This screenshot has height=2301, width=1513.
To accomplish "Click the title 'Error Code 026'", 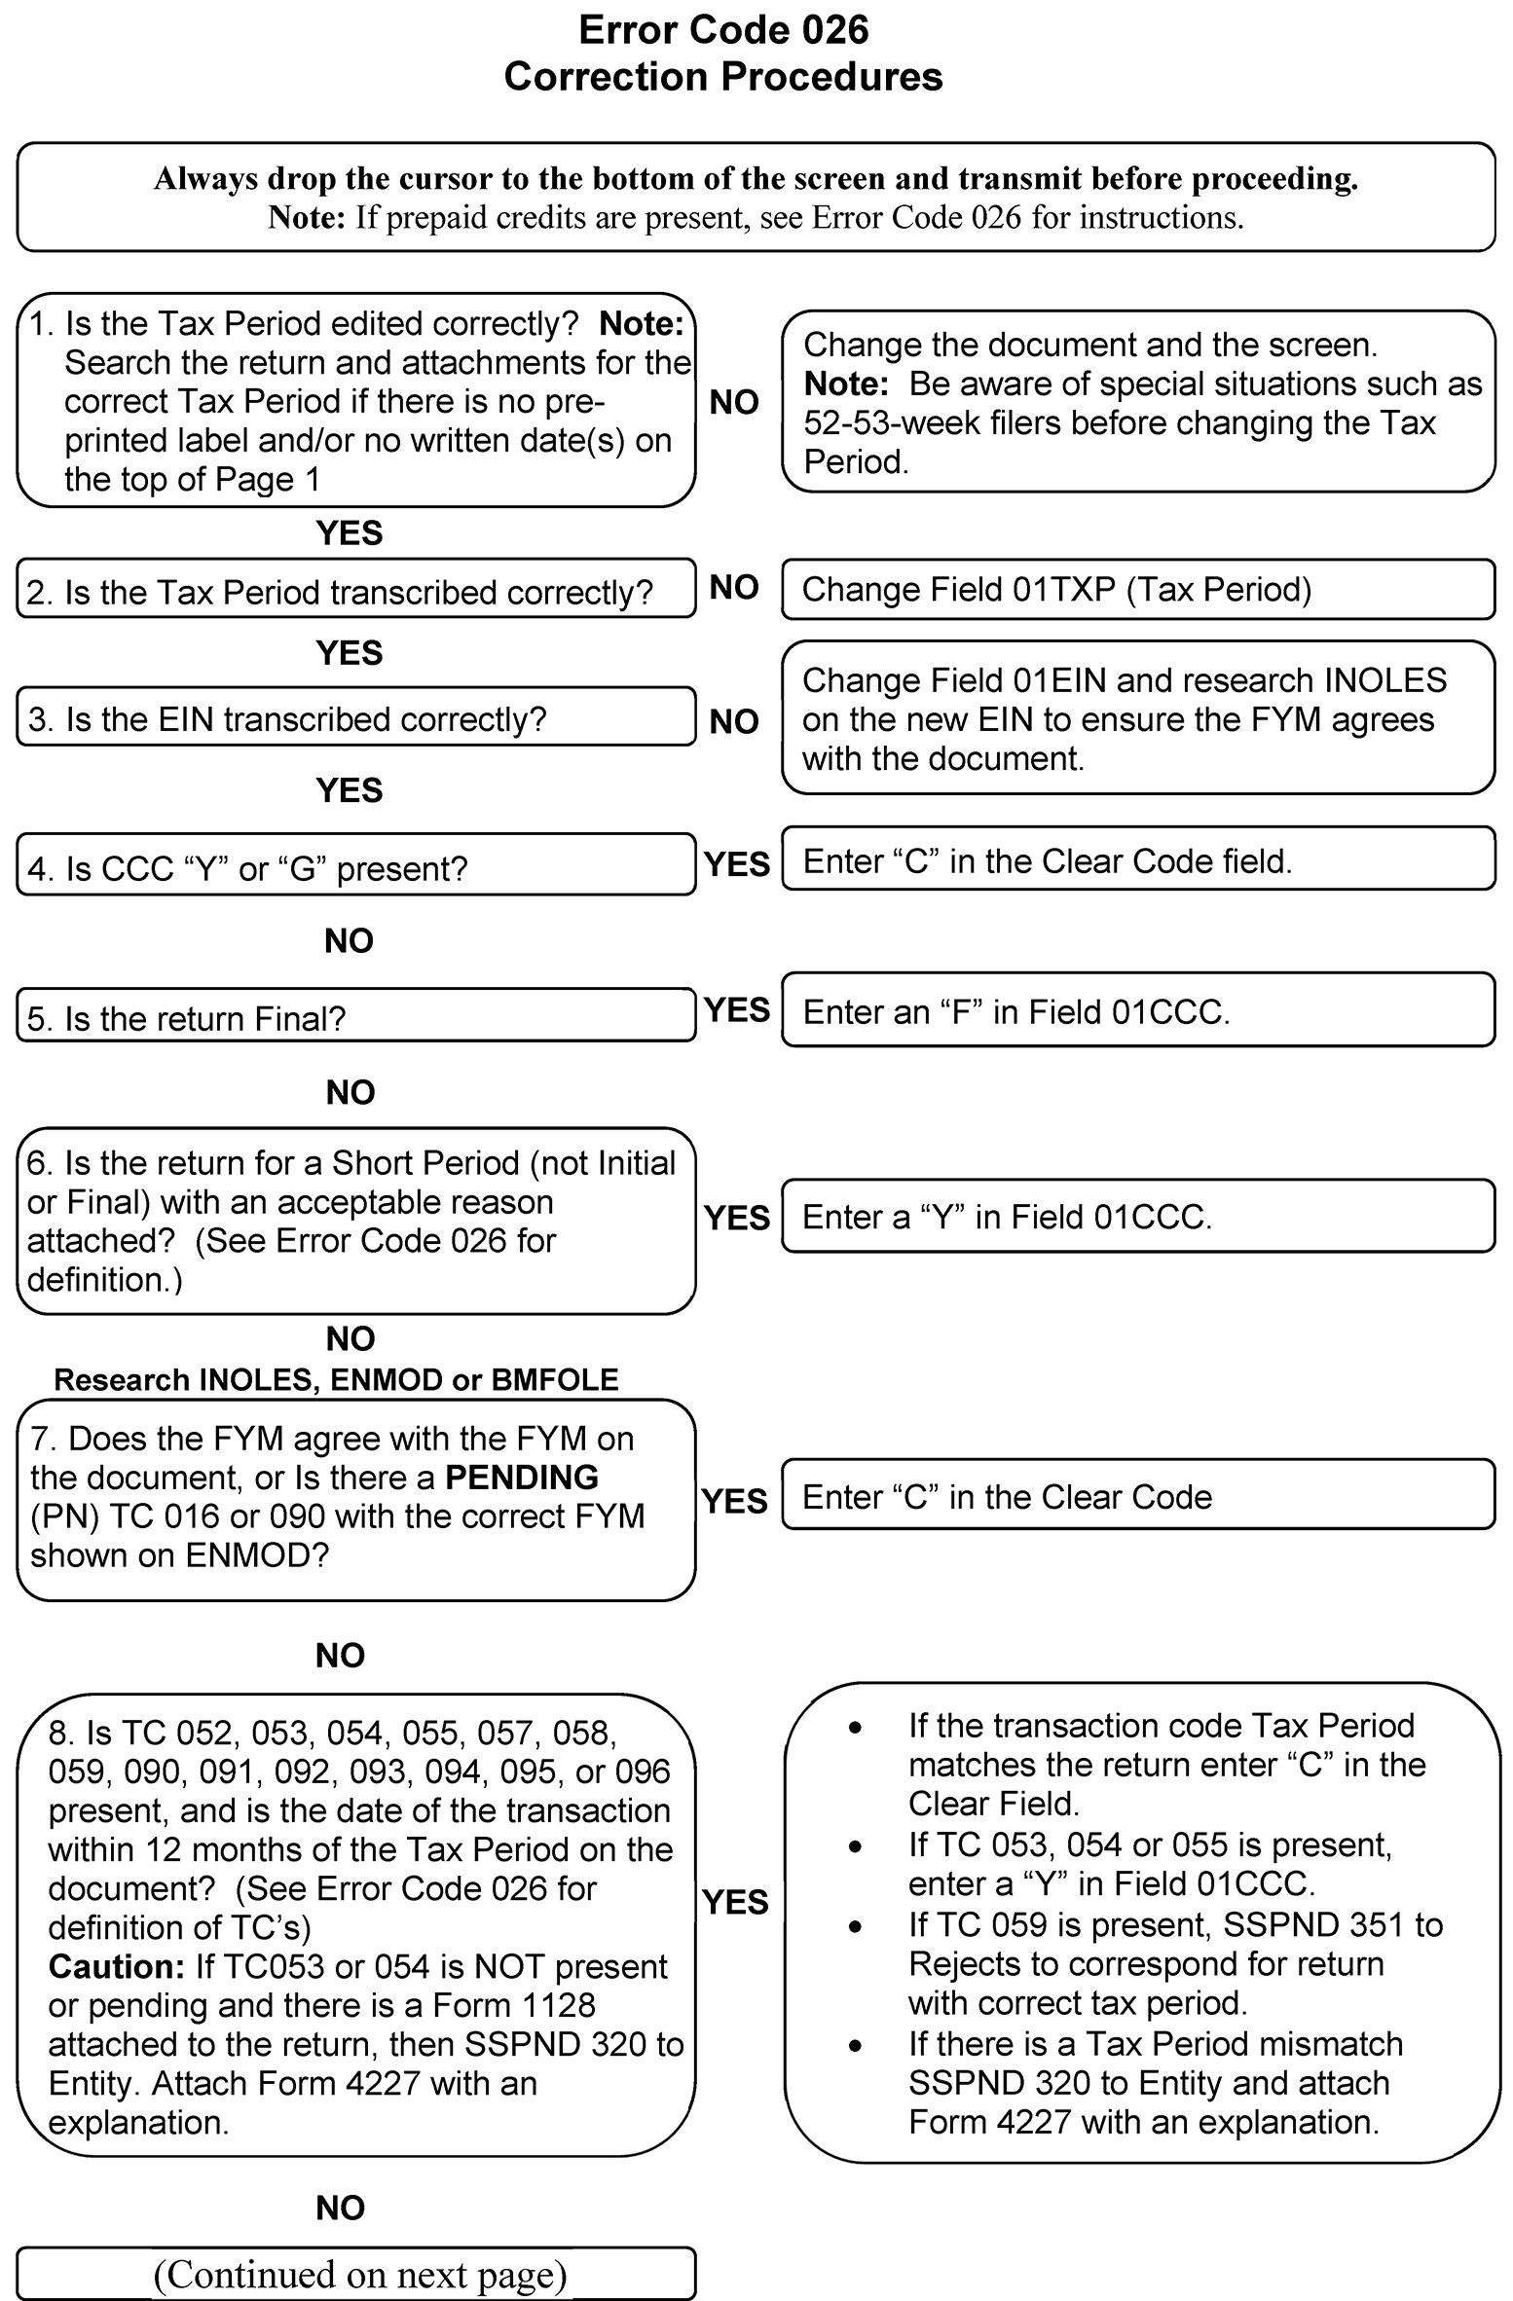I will click(x=722, y=30).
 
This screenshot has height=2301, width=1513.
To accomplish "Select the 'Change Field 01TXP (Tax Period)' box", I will click(x=1137, y=589).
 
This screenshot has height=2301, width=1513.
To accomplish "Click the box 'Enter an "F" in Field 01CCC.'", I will click(x=1137, y=1011).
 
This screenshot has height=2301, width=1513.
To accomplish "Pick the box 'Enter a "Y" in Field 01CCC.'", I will click(x=1137, y=1217).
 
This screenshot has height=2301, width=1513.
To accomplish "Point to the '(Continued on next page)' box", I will click(x=355, y=2274).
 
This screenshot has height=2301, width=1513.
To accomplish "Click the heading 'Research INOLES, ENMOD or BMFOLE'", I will click(x=336, y=1379).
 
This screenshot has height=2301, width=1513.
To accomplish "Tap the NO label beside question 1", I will click(x=734, y=402).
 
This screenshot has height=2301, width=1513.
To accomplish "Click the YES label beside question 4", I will click(x=736, y=864).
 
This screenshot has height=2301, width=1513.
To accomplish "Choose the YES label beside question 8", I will click(x=735, y=1902).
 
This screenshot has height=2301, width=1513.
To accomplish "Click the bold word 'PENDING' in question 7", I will click(x=521, y=1478).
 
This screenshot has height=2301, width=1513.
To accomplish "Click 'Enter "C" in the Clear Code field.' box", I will click(x=1137, y=861).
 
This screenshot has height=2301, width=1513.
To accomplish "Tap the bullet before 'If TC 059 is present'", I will click(x=855, y=1926).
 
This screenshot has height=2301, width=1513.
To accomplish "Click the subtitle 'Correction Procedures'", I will click(x=722, y=77).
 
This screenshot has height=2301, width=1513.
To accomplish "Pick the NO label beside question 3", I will click(x=734, y=721).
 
